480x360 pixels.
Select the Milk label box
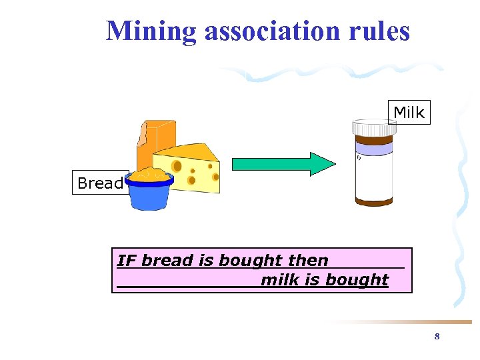tap(409, 113)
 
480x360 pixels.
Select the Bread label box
tap(100, 183)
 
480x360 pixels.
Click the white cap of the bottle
tap(375, 127)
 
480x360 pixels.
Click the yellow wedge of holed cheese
tap(193, 170)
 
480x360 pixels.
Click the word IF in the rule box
tap(127, 261)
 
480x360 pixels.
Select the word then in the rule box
tap(308, 261)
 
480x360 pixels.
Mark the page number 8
tap(437, 337)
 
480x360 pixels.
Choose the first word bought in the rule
tap(242, 261)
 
